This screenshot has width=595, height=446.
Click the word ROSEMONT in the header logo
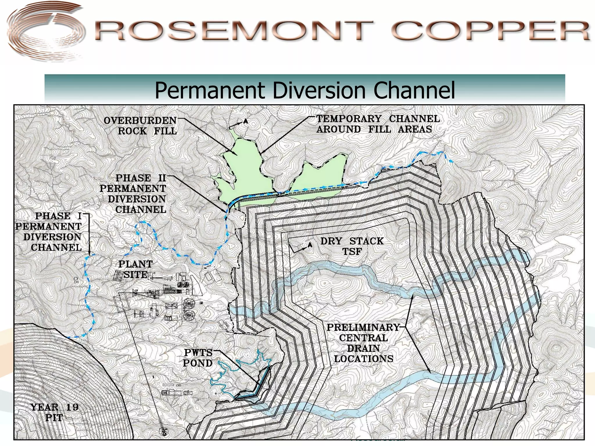232,30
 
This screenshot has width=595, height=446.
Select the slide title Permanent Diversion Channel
304,91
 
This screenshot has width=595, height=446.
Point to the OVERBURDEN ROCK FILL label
140,126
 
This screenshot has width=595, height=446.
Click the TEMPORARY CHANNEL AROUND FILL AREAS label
378,124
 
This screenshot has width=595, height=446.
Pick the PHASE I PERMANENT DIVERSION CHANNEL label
49,232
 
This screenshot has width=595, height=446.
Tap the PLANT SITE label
135,269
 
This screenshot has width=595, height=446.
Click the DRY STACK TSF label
352,246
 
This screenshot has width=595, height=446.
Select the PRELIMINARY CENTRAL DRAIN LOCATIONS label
363,343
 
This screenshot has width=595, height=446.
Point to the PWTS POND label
198,358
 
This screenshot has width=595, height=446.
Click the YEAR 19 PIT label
54,412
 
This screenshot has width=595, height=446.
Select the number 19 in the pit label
72,407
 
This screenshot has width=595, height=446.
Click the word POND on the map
198,363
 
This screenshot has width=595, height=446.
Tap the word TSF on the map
352,252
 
